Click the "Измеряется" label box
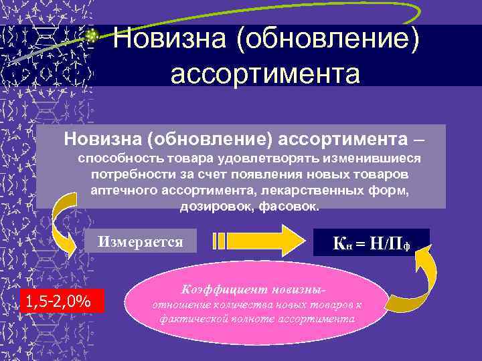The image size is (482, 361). tap(141, 241)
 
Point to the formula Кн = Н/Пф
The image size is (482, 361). tap(371, 243)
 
